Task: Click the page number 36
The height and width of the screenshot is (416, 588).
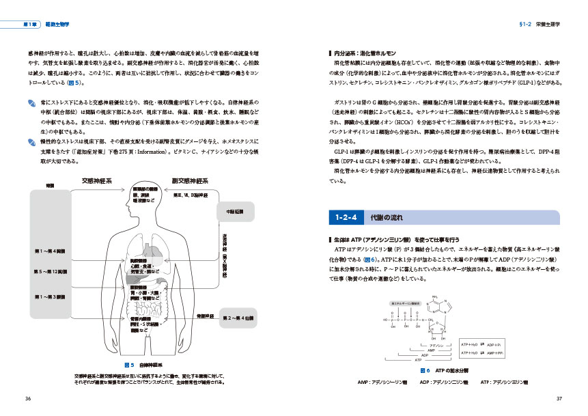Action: pyautogui.click(x=27, y=399)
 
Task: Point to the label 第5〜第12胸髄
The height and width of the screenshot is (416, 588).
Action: pyautogui.click(x=48, y=272)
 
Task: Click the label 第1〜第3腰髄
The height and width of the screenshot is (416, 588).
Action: pyautogui.click(x=48, y=296)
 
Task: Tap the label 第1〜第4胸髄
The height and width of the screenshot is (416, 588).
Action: pyautogui.click(x=48, y=250)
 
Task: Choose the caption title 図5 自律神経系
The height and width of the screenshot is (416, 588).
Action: pyautogui.click(x=145, y=365)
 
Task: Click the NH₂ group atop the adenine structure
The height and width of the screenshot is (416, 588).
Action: pyautogui.click(x=435, y=296)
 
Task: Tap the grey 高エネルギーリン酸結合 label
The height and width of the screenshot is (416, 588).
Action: pyautogui.click(x=404, y=302)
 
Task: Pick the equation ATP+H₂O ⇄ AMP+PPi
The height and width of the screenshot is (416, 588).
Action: pyautogui.click(x=481, y=352)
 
